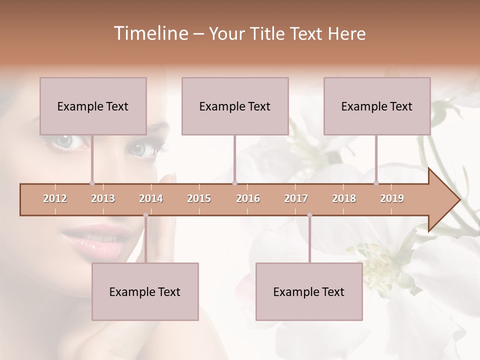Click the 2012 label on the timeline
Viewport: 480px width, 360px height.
point(55,198)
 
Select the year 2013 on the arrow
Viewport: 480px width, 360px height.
point(103,198)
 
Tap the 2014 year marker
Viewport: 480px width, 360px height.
point(151,198)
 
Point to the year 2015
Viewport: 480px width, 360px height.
point(199,198)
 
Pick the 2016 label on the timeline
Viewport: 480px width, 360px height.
point(248,198)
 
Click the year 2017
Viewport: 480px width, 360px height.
point(296,198)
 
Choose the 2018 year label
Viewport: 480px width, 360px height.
point(344,198)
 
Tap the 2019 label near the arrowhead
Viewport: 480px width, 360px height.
point(392,198)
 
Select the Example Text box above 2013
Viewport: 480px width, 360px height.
point(93,106)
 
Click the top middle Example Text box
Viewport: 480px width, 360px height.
point(235,106)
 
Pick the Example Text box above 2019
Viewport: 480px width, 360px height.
point(377,106)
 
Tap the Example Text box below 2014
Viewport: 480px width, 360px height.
point(145,291)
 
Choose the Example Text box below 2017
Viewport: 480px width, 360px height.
point(309,291)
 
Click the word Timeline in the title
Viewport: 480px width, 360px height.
point(150,33)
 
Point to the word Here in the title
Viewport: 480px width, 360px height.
point(346,33)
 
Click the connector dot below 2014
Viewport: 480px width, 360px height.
point(145,215)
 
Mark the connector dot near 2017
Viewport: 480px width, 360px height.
point(309,215)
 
